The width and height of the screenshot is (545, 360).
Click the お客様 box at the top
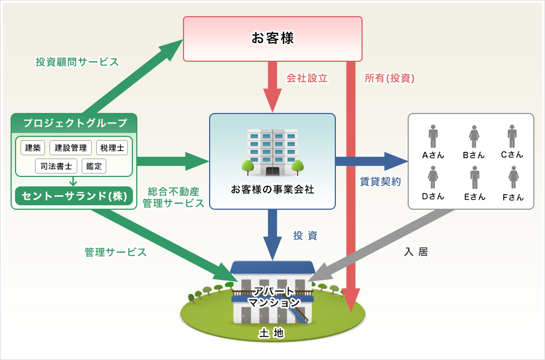tap(272, 38)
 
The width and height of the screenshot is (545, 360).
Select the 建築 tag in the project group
tap(33, 148)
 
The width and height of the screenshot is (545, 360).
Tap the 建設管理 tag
tap(71, 148)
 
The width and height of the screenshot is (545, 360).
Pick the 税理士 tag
tap(112, 148)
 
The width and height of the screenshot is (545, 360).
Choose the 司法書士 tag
tap(56, 166)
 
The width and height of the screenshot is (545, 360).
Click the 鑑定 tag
tap(93, 166)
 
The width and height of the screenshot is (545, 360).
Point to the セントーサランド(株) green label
tap(74, 196)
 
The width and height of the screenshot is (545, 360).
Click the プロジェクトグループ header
tap(74, 123)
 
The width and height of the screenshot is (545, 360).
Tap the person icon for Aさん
tap(433, 136)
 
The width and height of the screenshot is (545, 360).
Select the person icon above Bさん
tap(474, 136)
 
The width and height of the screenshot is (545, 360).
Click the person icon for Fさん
tap(513, 177)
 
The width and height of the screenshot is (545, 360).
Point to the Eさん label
tap(474, 196)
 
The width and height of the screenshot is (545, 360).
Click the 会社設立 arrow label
tap(306, 78)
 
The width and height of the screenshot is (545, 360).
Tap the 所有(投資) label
tap(389, 78)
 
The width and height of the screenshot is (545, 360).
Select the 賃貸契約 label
tap(380, 182)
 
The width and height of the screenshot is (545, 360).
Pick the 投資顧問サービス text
tap(77, 62)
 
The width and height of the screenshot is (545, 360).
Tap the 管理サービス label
tap(116, 252)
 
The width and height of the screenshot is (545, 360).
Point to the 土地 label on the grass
tap(271, 333)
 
